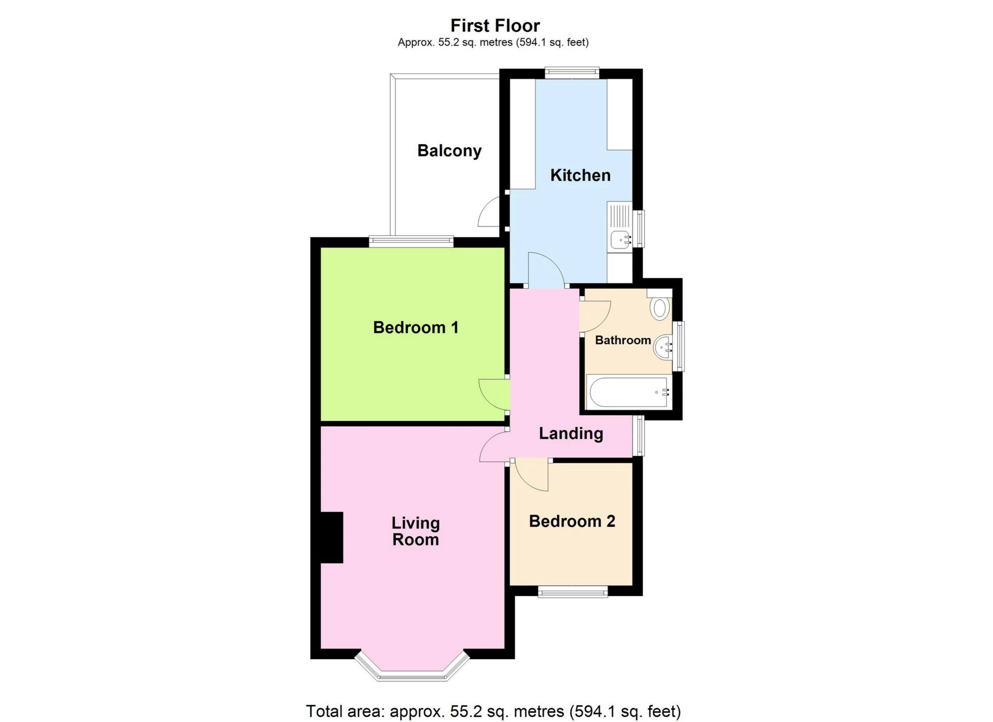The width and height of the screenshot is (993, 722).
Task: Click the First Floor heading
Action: [495, 25]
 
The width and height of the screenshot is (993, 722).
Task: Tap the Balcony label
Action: [449, 150]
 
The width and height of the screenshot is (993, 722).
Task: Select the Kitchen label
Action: [580, 175]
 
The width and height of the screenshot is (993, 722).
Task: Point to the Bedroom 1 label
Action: [415, 327]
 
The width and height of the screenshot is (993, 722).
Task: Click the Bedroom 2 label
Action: [572, 521]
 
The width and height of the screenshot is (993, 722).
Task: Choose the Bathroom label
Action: [623, 340]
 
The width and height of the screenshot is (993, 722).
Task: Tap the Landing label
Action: [571, 433]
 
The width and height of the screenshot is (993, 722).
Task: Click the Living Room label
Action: [415, 531]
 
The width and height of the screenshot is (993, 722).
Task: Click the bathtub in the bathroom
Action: [628, 392]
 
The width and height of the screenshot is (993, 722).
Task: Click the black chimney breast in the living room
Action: [331, 538]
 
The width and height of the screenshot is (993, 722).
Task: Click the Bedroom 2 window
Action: [573, 593]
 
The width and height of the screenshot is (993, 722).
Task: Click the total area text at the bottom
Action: [493, 711]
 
